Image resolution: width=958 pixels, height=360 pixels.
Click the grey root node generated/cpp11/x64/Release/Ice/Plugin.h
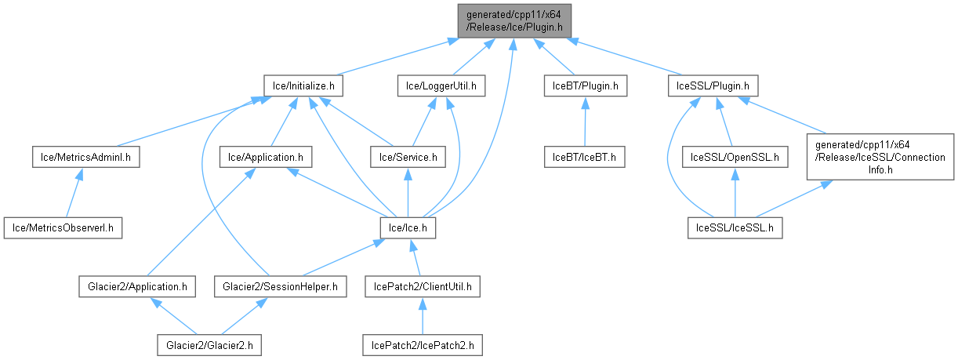[514, 20]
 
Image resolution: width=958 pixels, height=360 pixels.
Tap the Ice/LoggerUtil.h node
[441, 85]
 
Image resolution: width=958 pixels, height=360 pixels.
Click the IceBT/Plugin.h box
[585, 85]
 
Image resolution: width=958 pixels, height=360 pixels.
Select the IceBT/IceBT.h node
[585, 157]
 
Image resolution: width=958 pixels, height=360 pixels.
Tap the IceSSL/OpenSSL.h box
[734, 157]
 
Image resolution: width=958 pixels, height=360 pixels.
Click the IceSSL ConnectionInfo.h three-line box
[880, 157]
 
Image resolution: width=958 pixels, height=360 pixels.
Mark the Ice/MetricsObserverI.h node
[64, 228]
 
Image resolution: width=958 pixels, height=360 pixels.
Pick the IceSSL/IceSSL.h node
[734, 228]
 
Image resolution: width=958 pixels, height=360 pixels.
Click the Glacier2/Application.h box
[136, 286]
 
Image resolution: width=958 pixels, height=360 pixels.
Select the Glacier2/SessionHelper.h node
[280, 286]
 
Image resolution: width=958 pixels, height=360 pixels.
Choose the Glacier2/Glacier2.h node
[209, 344]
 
